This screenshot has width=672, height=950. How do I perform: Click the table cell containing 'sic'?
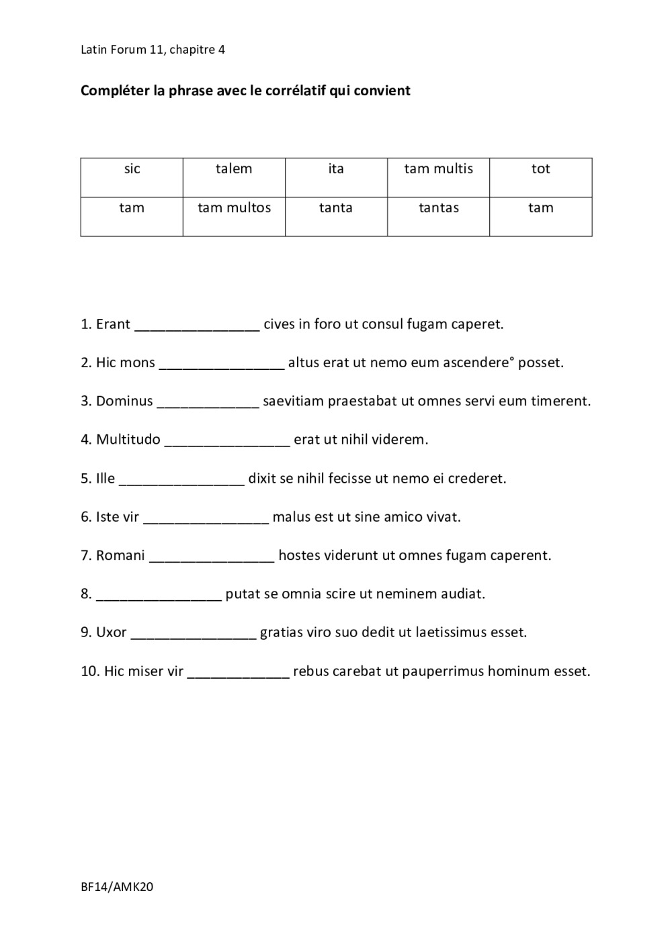(x=132, y=177)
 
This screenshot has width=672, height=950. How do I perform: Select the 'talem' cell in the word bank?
(x=234, y=177)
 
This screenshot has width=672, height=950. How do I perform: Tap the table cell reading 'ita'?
(x=336, y=177)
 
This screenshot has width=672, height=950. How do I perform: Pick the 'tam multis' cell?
(x=438, y=177)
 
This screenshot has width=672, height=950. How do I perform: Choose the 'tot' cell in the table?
(x=540, y=177)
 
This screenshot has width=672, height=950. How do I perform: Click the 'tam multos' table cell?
(x=234, y=216)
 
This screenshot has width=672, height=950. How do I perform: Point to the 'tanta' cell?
(x=336, y=216)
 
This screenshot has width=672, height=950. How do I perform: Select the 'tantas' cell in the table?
(x=438, y=216)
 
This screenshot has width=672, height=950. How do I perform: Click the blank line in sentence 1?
(x=197, y=327)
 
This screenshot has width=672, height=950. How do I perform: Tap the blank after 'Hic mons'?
(x=222, y=365)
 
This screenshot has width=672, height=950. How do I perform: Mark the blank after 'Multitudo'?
(x=227, y=442)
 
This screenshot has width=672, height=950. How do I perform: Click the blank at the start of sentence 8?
(x=159, y=596)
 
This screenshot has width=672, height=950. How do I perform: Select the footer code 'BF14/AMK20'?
(x=117, y=887)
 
